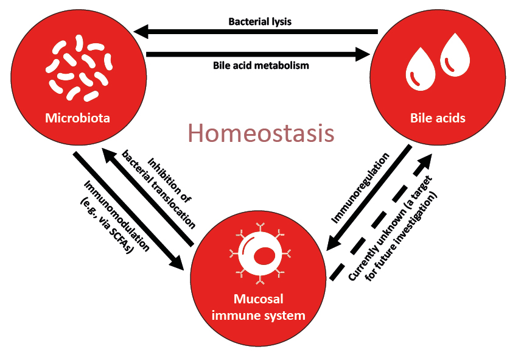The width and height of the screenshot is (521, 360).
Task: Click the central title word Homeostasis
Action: [x=260, y=133]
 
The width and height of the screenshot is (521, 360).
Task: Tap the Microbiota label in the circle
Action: [x=77, y=118]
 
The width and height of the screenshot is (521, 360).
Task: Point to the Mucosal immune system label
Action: [x=260, y=308]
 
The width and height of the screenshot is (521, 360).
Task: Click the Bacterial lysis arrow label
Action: [x=260, y=22]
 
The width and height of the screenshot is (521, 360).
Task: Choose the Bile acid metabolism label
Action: [x=261, y=65]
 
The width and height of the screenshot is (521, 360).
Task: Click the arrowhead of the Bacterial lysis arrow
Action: [x=141, y=32]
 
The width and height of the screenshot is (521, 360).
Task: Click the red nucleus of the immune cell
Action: [x=262, y=258]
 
